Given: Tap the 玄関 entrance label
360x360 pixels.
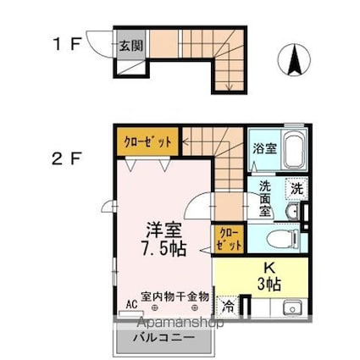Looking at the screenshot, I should click(129, 46).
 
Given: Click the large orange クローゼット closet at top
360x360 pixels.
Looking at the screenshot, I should click(147, 142).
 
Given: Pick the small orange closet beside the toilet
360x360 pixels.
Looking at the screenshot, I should click(230, 238).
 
